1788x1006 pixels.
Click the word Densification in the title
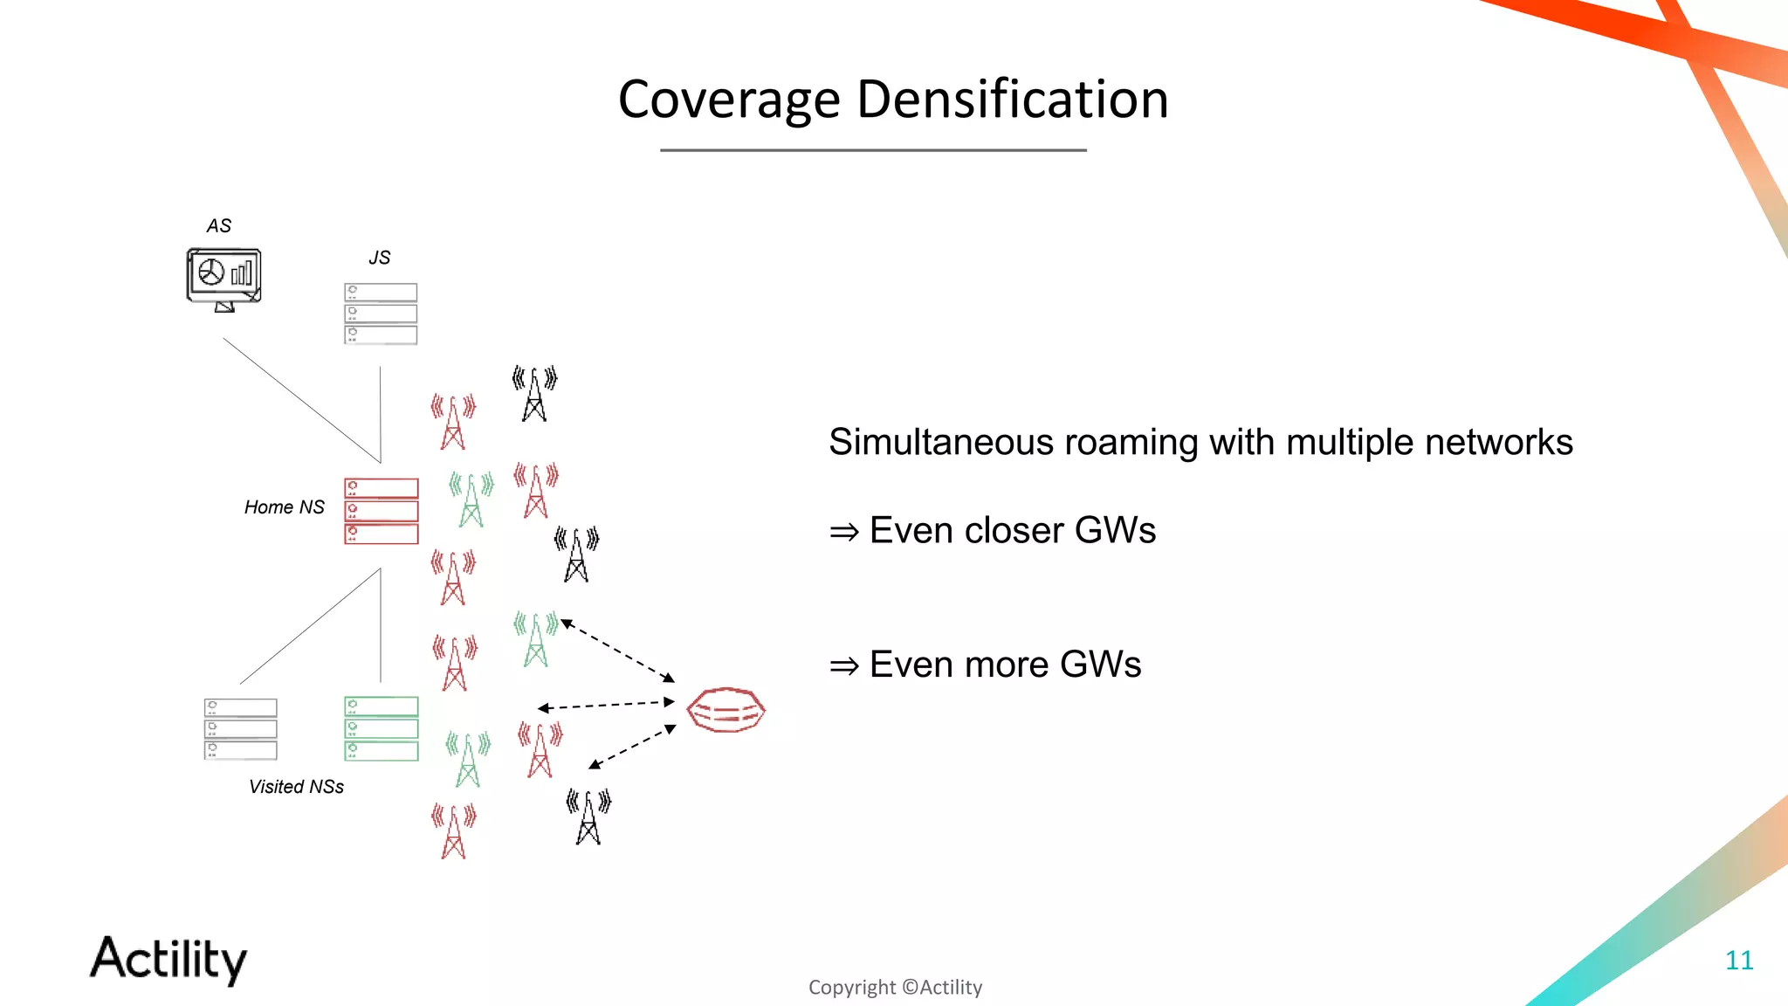[1012, 100]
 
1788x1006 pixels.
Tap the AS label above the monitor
[219, 226]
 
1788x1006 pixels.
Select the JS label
[379, 258]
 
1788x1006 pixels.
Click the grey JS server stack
[381, 314]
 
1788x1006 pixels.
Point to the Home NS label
[284, 507]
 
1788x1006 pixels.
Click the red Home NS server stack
[382, 511]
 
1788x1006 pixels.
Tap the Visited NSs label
[296, 787]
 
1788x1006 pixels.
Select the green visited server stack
[382, 728]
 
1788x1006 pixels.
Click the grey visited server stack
[241, 728]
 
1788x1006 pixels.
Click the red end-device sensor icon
[726, 709]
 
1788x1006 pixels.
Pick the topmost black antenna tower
[534, 395]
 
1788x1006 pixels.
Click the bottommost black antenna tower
[588, 817]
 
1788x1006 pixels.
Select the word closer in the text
[1014, 531]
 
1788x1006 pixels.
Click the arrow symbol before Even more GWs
[843, 666]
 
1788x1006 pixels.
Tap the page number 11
[1739, 961]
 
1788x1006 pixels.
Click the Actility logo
[168, 960]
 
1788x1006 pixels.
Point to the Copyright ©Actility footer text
[895, 988]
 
